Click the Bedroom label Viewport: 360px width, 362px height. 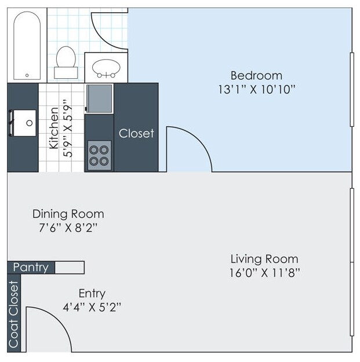[x=256, y=75]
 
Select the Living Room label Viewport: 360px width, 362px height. [x=264, y=258]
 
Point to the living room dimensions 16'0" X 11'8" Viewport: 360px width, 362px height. [x=264, y=272]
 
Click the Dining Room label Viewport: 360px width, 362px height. [x=68, y=214]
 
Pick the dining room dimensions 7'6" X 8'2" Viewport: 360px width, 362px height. [x=68, y=228]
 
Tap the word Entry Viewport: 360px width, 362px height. [x=92, y=293]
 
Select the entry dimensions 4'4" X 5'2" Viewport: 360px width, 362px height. [x=92, y=306]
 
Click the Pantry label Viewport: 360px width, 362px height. [x=31, y=268]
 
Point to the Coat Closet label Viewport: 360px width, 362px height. [x=14, y=315]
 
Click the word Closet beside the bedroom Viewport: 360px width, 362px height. [x=136, y=133]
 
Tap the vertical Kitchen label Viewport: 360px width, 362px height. [x=54, y=128]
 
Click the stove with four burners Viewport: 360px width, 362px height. [x=99, y=155]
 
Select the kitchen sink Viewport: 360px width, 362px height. [x=23, y=122]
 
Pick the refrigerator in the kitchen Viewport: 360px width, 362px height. [x=99, y=98]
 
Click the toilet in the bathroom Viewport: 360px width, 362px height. [x=65, y=61]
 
